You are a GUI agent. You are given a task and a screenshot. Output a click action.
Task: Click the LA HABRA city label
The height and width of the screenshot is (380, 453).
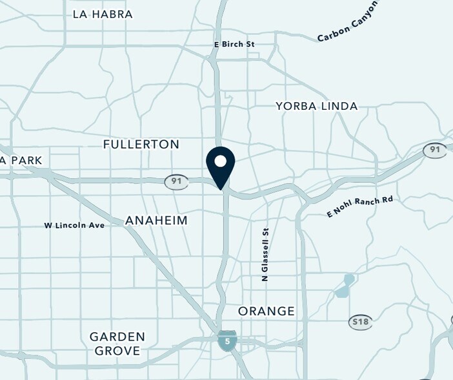coord(103,14)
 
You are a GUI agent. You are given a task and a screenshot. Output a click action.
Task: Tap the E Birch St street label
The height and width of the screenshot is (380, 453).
coord(235,44)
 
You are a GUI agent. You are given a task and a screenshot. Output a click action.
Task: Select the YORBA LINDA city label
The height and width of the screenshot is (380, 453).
coord(316,106)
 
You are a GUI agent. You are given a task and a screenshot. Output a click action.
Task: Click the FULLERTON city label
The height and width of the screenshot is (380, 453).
coord(141,144)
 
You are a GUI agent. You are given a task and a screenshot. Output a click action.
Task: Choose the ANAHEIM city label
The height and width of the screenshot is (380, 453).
coord(156,220)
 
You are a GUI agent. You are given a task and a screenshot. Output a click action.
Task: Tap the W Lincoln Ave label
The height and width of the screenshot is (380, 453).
coord(74,225)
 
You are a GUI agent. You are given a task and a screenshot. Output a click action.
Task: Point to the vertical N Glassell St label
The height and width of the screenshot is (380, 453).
coord(265,254)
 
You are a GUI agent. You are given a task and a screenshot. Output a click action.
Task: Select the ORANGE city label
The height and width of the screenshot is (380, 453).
coord(267,311)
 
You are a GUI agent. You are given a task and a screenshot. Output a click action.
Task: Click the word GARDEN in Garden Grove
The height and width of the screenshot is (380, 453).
coord(117,337)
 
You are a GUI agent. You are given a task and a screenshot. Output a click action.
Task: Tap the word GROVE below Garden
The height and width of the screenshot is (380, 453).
coord(117,351)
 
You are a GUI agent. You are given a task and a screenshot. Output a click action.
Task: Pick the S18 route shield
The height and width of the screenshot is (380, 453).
coord(361,322)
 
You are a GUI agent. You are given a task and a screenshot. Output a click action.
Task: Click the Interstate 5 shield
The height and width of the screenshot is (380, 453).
coord(226,340)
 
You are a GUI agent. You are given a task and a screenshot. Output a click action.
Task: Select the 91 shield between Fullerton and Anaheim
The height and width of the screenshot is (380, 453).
coord(176,182)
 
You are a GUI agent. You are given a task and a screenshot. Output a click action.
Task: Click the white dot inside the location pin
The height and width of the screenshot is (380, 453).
coord(221,161)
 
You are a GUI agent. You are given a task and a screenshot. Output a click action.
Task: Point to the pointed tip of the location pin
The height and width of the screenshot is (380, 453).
coord(221,189)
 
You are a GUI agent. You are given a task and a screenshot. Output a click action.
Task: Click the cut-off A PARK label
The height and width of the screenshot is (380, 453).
coord(21,160)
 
